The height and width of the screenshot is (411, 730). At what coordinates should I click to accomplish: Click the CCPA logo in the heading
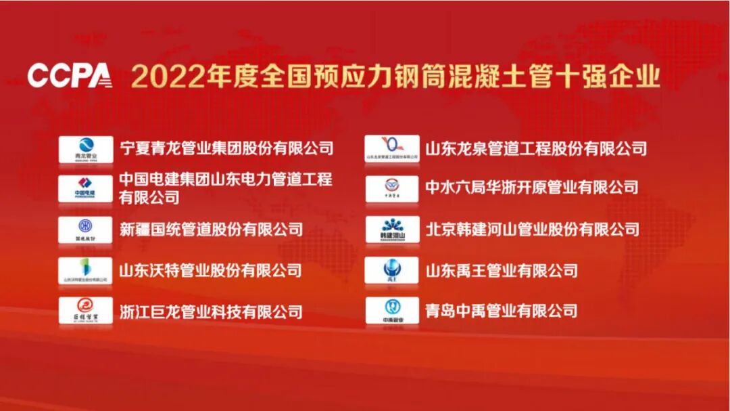coord(69,76)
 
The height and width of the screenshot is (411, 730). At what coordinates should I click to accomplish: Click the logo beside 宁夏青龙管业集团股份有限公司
coord(86,149)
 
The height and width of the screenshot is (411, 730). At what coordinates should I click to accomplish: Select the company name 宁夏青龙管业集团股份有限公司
coord(226,148)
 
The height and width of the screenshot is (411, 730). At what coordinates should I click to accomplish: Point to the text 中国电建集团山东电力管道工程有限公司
coord(226,188)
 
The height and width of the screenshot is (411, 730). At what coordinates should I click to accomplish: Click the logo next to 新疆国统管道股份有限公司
coord(86,230)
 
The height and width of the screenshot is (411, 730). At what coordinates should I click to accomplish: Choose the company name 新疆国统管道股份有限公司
coord(211,230)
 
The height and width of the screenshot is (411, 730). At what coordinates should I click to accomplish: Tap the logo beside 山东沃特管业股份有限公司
coord(86,270)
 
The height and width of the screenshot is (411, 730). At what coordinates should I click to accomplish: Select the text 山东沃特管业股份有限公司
coord(211,271)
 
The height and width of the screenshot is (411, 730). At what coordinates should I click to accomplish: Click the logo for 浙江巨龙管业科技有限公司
coord(86,311)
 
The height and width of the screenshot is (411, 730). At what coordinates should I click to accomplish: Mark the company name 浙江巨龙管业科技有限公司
coord(211,312)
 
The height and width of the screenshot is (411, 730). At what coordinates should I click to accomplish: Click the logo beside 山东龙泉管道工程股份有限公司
coord(392,148)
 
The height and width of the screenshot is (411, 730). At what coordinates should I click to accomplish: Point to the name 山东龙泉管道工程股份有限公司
coord(536,148)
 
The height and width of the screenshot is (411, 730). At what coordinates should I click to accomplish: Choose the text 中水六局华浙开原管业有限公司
coord(532,188)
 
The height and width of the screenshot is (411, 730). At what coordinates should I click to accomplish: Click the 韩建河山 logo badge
coord(392,230)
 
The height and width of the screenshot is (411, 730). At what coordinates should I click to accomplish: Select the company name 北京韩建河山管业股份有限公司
coord(532,230)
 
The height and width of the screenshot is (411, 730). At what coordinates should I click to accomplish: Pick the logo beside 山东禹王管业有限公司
coord(392,270)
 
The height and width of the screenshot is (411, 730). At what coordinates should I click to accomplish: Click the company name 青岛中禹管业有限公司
coord(502,311)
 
